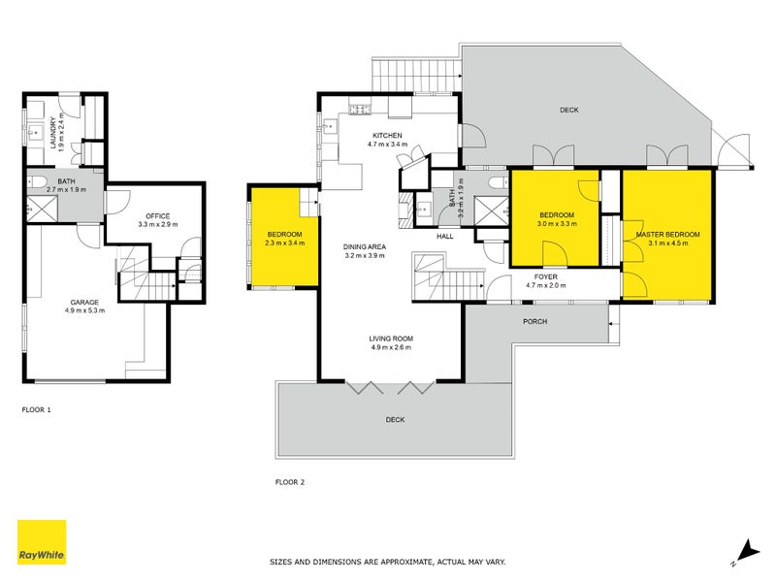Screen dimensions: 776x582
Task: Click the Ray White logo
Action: [x=42, y=541]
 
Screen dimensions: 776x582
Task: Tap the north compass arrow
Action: [x=747, y=551]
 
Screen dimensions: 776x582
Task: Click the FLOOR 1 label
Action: [x=36, y=409]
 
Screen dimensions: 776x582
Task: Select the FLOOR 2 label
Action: [x=290, y=482]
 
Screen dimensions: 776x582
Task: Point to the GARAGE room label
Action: [x=84, y=302]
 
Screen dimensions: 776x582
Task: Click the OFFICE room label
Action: [x=158, y=215]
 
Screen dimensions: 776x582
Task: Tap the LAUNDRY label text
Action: [x=53, y=133]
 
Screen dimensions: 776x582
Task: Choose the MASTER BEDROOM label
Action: [x=668, y=235]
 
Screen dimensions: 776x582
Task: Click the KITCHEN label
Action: [x=387, y=135]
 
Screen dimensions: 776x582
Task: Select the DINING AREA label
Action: [x=365, y=246]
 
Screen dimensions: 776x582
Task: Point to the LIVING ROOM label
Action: [x=391, y=339]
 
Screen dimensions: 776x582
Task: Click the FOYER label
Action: [x=546, y=276]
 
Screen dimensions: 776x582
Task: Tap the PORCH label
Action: [x=535, y=322]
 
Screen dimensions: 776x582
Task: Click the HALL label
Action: [x=445, y=236]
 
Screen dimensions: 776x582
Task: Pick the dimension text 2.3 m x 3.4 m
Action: [x=284, y=243]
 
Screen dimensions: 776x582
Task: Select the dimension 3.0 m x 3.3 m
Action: [x=557, y=224]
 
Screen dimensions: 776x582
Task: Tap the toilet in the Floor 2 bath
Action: [x=498, y=182]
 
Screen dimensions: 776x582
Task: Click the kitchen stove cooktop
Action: [x=360, y=110]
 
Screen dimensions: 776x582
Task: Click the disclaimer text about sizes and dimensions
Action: [x=387, y=562]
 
